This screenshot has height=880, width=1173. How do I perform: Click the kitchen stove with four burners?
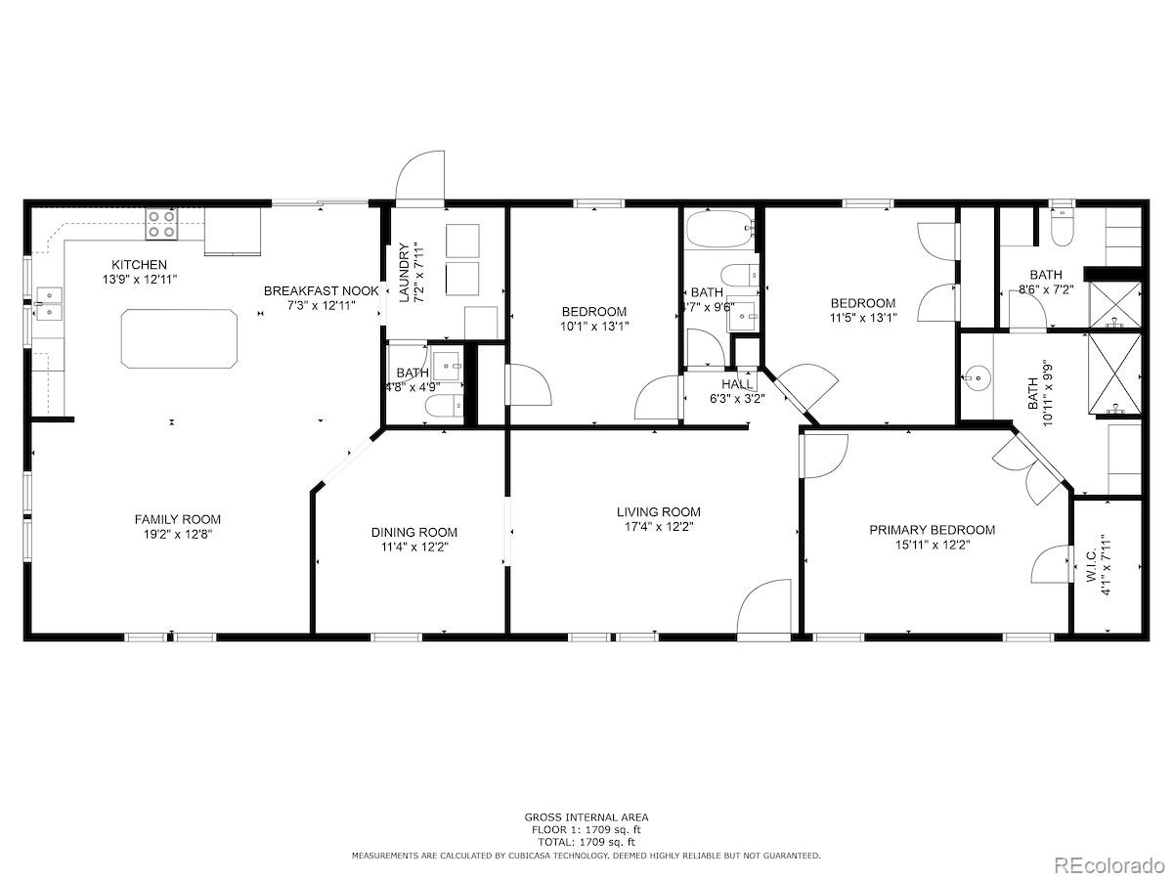162,224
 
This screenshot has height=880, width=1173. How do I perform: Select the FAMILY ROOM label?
178,519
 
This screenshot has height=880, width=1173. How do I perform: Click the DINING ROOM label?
414,532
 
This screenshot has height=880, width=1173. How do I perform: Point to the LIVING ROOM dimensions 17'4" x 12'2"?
659,527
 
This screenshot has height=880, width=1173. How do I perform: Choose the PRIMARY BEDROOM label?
932,530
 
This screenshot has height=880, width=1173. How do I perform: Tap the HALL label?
737,384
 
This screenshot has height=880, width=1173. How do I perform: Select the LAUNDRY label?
404,273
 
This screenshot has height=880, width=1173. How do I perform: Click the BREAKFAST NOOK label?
322,291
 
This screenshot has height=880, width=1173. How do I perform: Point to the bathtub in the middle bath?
719,229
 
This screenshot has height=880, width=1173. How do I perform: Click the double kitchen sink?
49,303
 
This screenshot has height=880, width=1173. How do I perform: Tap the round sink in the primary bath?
977,377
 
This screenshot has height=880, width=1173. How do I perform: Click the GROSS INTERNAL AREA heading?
586,817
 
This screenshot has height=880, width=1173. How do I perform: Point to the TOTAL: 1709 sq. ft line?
586,843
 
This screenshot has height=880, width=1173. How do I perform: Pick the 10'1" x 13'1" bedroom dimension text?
594,326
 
